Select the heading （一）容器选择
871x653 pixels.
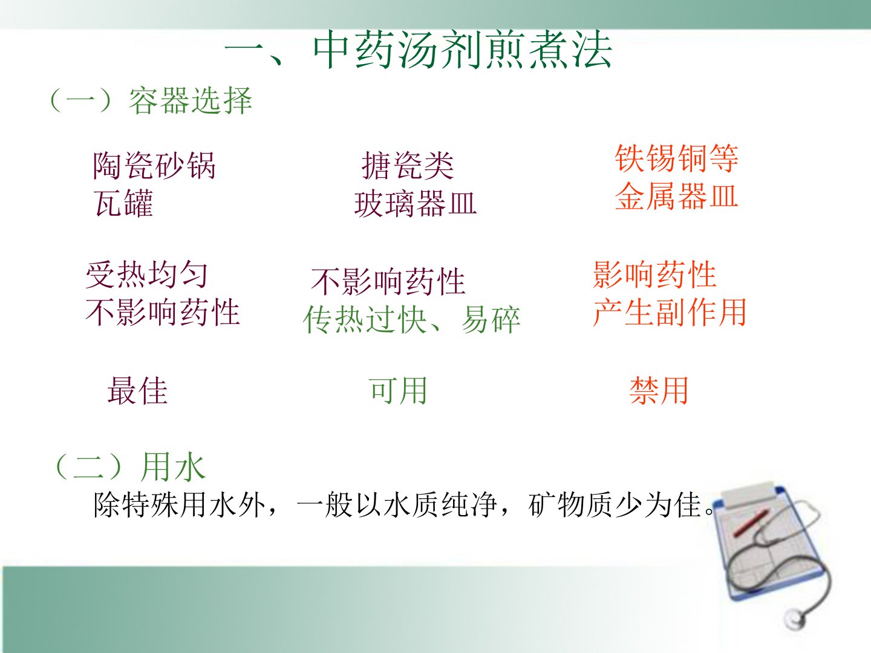click(151, 101)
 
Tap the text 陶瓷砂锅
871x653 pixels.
click(154, 165)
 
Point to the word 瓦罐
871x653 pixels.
click(123, 203)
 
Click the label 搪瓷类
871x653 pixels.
click(408, 166)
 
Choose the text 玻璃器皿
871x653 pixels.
click(415, 204)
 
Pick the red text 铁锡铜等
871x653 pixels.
click(677, 158)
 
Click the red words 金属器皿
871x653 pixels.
click(677, 196)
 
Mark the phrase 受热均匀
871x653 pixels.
click(147, 275)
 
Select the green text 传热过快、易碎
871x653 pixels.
click(411, 319)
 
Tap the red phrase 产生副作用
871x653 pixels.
click(670, 313)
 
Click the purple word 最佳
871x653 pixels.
click(137, 391)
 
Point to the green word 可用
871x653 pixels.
click(398, 391)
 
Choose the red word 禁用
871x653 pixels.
click(659, 391)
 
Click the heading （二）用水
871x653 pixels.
click(130, 467)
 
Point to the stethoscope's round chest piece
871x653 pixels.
click(795, 617)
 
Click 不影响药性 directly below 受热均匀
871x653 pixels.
click(163, 313)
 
